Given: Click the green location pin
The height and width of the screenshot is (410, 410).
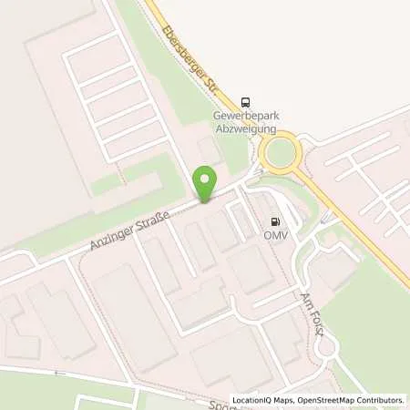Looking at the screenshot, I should [206, 183].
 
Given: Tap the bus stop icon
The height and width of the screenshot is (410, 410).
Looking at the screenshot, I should [245, 102].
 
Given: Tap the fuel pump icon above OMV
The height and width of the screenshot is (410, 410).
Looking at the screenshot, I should [275, 221].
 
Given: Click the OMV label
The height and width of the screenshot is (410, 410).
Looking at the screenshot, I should [275, 235].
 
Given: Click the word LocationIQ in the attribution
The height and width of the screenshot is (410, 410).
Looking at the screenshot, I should [252, 400].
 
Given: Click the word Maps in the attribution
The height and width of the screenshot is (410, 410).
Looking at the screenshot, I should [286, 400].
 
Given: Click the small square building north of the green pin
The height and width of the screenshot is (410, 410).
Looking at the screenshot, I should [208, 149].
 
